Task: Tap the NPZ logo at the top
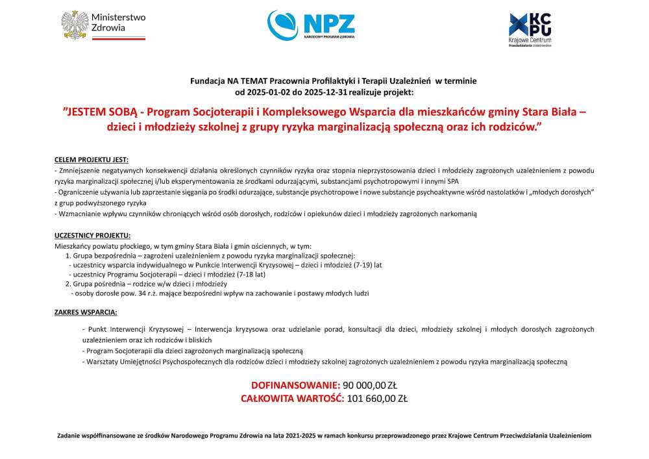(x=311, y=25)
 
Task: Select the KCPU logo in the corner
(x=530, y=29)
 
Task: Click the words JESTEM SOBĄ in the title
(x=106, y=111)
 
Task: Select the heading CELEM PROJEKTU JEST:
(x=92, y=159)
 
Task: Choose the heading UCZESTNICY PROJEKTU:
(x=93, y=234)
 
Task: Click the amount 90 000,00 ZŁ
(x=373, y=386)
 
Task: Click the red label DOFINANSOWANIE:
(x=295, y=386)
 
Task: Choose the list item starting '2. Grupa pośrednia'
(x=145, y=284)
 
